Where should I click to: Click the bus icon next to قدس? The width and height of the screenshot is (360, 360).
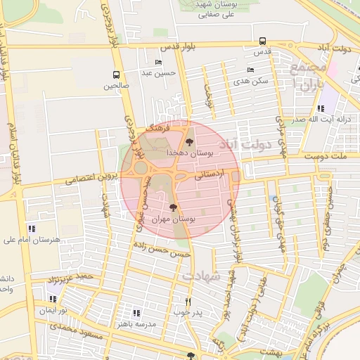tap(262, 41)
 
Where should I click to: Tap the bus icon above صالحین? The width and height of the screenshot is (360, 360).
tap(116, 75)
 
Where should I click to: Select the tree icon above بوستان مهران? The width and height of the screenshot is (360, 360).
tap(174, 207)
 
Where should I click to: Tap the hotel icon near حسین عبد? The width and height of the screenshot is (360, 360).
tap(159, 63)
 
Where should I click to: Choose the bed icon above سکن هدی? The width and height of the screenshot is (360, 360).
tap(251, 70)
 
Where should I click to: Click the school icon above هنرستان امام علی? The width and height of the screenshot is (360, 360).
tap(31, 229)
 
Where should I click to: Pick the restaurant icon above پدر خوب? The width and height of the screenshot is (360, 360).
tap(188, 302)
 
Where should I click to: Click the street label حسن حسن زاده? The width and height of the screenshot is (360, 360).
tap(162, 250)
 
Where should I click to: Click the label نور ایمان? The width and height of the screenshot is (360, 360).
tap(53, 310)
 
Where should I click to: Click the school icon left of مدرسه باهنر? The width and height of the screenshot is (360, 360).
tap(136, 312)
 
